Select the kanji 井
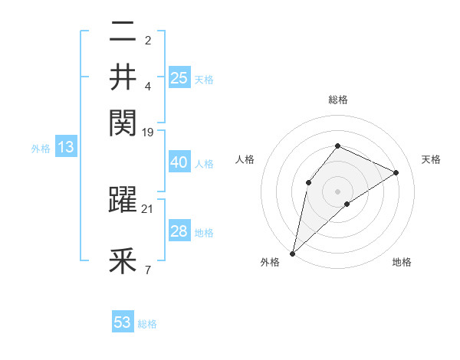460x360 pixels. [123, 77]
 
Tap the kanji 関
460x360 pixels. [123, 120]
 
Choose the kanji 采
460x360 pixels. [123, 262]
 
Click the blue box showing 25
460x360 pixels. [179, 77]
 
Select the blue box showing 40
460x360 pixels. [179, 162]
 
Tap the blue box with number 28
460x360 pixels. [179, 231]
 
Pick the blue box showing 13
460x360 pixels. [66, 147]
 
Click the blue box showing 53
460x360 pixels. [123, 322]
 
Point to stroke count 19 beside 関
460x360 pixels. [148, 132]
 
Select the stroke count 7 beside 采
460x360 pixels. [148, 270]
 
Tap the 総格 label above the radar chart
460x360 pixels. [337, 100]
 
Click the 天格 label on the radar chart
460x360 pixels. [431, 159]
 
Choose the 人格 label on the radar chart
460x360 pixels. [245, 159]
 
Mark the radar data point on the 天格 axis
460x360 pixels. [396, 172]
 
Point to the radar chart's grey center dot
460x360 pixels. [337, 191]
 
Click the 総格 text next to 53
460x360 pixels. [147, 324]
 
